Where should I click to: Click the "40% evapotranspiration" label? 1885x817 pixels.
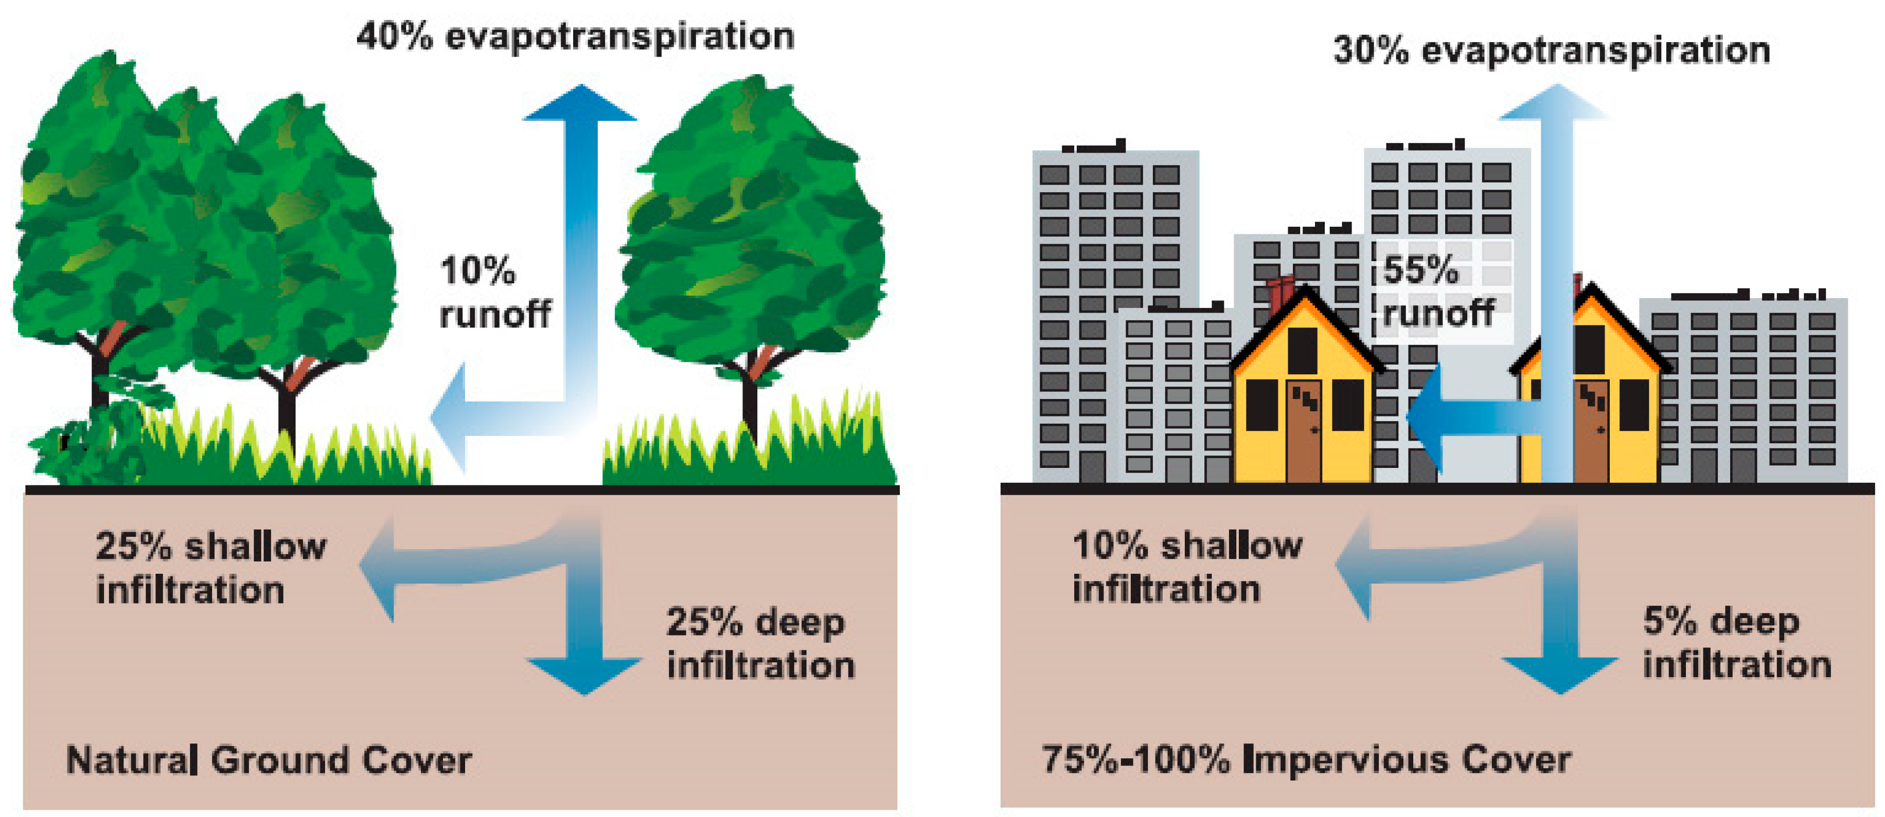[575, 37]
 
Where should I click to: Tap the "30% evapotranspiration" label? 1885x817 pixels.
[1551, 50]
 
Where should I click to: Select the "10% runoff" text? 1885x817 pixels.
[494, 293]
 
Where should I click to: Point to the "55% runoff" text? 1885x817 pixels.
[1437, 293]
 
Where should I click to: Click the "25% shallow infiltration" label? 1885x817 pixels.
[211, 568]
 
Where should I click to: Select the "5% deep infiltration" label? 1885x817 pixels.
[1736, 643]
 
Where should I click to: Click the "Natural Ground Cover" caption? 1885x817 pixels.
[269, 760]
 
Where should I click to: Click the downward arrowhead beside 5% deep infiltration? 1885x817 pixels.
[1560, 674]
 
